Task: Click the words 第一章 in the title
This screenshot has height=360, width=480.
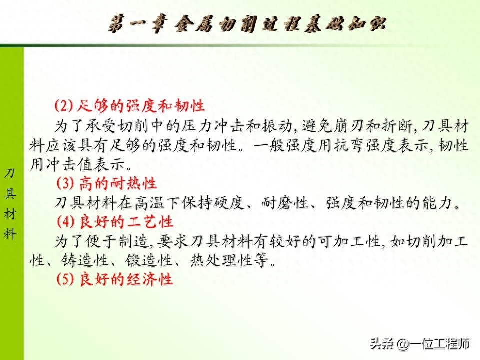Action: coord(138,24)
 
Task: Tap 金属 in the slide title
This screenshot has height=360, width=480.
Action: coord(194,24)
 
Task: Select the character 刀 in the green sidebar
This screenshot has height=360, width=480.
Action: coord(10,174)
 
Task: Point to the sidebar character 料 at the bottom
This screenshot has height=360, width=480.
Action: coord(10,234)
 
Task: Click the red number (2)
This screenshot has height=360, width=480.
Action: coord(64,106)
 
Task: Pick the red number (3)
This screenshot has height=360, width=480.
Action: coord(66,183)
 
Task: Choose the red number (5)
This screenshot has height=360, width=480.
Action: coord(66,279)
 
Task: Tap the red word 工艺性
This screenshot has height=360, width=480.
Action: coord(150,221)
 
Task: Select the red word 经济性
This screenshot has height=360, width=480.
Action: coord(150,279)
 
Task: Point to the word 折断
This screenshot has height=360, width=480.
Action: coord(397,126)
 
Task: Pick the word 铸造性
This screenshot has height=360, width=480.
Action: coord(85,260)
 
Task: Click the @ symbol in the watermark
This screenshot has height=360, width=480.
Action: coord(402,344)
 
